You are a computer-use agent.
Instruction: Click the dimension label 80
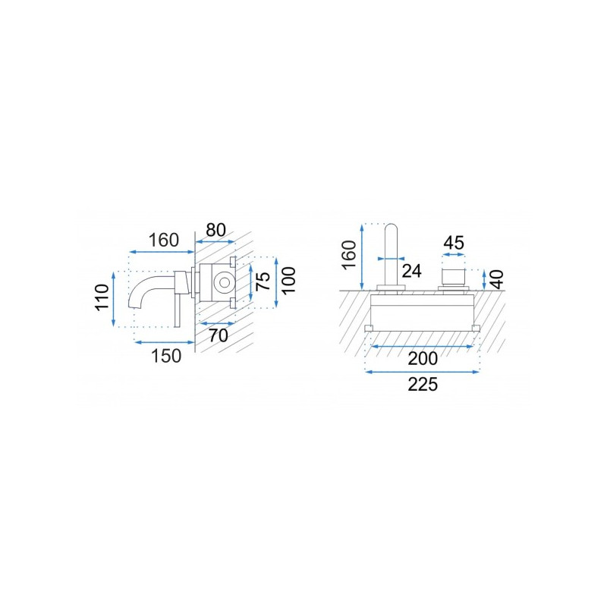[215, 230]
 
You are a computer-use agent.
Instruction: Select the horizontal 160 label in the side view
[164, 241]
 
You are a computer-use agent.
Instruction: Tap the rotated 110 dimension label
[102, 297]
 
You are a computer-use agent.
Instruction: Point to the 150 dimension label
[166, 356]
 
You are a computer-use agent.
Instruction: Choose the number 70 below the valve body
[219, 335]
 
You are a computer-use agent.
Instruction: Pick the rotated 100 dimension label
[288, 281]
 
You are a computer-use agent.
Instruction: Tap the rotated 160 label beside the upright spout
[349, 254]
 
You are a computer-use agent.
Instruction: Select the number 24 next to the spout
[411, 271]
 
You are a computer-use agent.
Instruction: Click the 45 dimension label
[453, 243]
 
